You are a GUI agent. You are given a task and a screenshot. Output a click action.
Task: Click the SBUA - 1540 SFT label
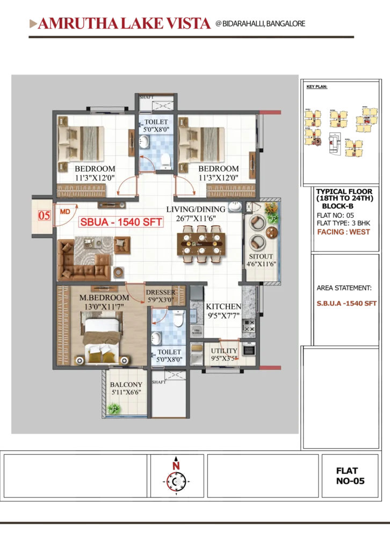pyautogui.click(x=121, y=222)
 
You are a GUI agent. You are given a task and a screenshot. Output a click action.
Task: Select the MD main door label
pyautogui.click(x=65, y=211)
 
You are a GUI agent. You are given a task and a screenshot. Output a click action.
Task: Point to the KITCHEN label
pyautogui.click(x=224, y=306)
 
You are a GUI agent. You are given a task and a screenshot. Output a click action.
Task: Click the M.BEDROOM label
pyautogui.click(x=104, y=298)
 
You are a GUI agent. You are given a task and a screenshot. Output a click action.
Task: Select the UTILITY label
pyautogui.click(x=224, y=351)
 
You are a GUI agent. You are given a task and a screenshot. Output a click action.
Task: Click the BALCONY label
pyautogui.click(x=126, y=385)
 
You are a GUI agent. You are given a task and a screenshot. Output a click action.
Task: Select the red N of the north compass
pyautogui.click(x=176, y=466)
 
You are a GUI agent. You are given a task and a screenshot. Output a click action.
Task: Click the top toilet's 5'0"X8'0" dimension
pyautogui.click(x=156, y=129)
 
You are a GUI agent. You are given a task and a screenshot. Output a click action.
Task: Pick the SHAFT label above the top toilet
pyautogui.click(x=146, y=98)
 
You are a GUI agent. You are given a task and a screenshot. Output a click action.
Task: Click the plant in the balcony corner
pyautogui.click(x=114, y=409)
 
